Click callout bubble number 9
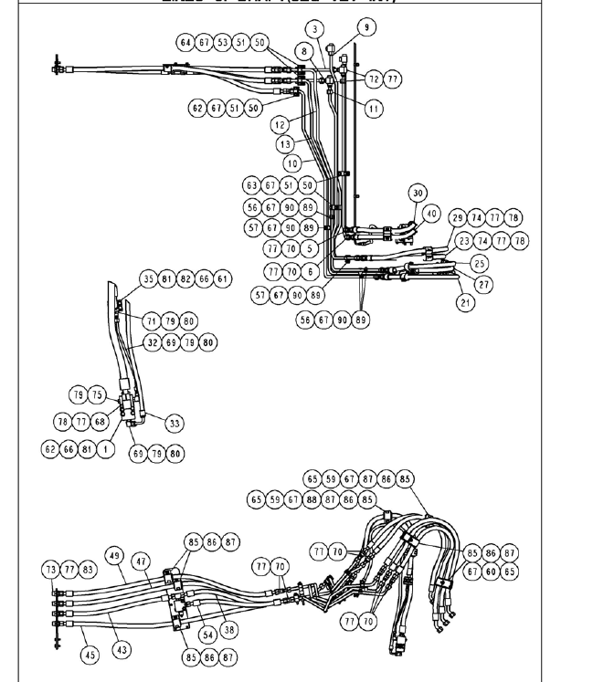(366, 27)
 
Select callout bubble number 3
(315, 29)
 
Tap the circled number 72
(373, 79)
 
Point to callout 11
(373, 109)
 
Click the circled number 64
(185, 43)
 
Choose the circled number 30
(418, 193)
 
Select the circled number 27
(484, 284)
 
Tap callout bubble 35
(148, 278)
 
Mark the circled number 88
(312, 499)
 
